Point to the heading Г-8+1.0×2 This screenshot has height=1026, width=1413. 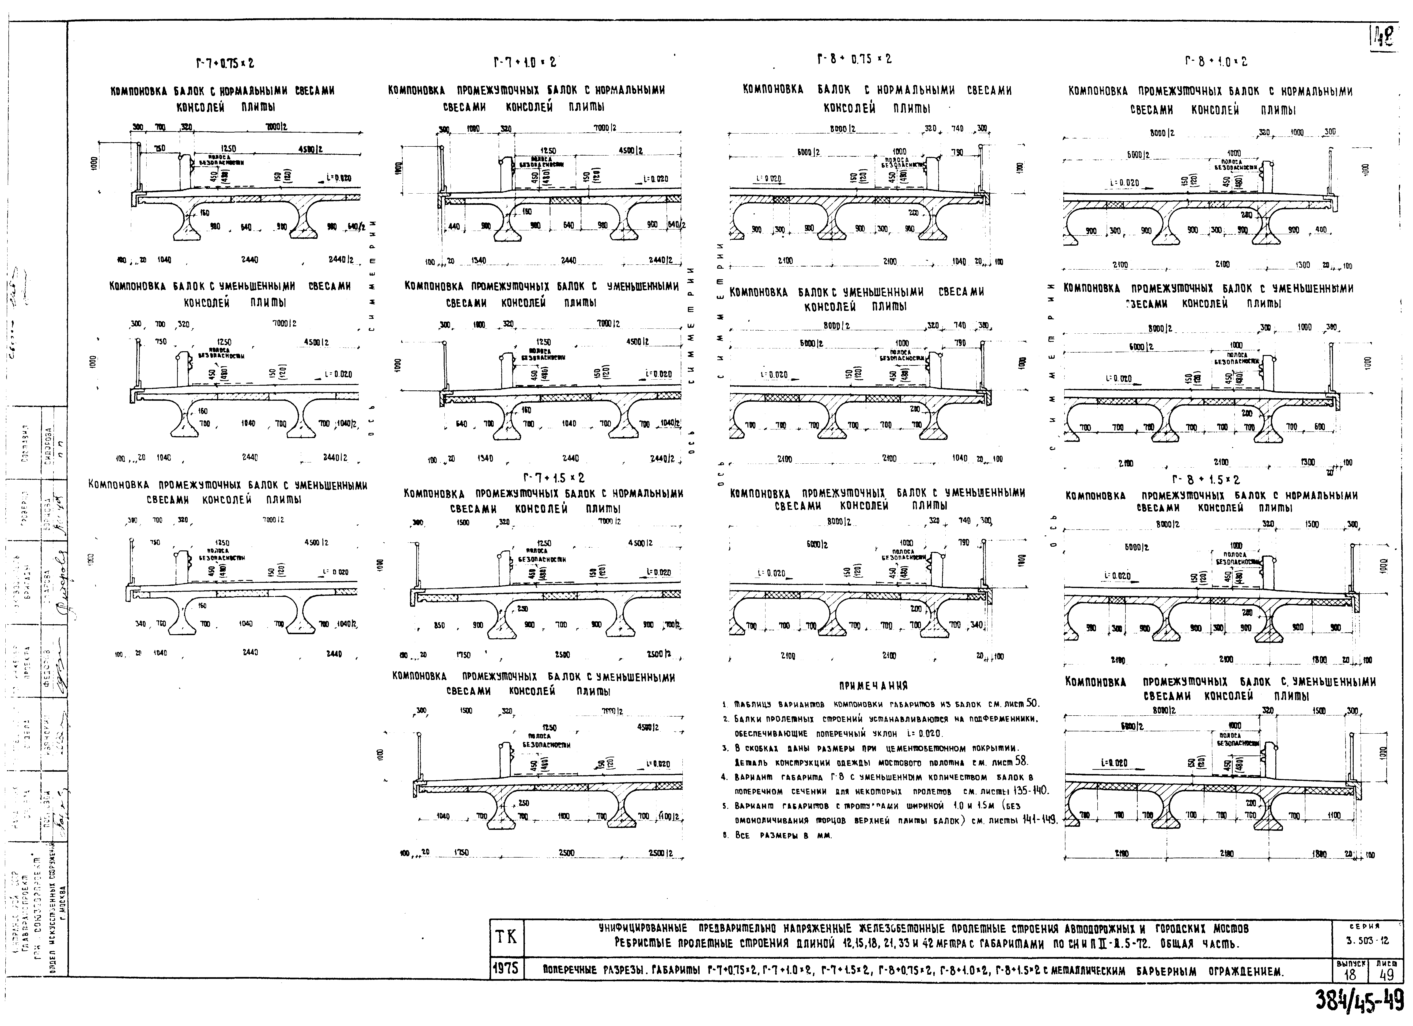(x=1216, y=62)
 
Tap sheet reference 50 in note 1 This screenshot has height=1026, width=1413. (x=1032, y=703)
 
